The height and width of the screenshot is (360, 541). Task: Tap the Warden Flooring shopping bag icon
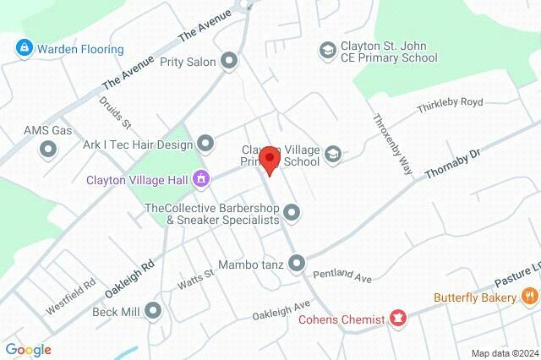25,49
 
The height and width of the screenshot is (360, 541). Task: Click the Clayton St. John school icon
326,52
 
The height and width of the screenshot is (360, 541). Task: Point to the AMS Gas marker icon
48,150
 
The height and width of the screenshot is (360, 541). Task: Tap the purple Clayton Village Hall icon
201,178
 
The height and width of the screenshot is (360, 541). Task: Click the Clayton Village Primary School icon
333,153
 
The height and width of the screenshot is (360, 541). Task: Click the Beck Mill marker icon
153,310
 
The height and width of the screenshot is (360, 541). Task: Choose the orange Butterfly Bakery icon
529,297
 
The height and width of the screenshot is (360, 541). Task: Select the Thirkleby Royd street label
450,106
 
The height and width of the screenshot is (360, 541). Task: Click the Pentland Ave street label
342,275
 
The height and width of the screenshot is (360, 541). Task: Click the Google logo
28,350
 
